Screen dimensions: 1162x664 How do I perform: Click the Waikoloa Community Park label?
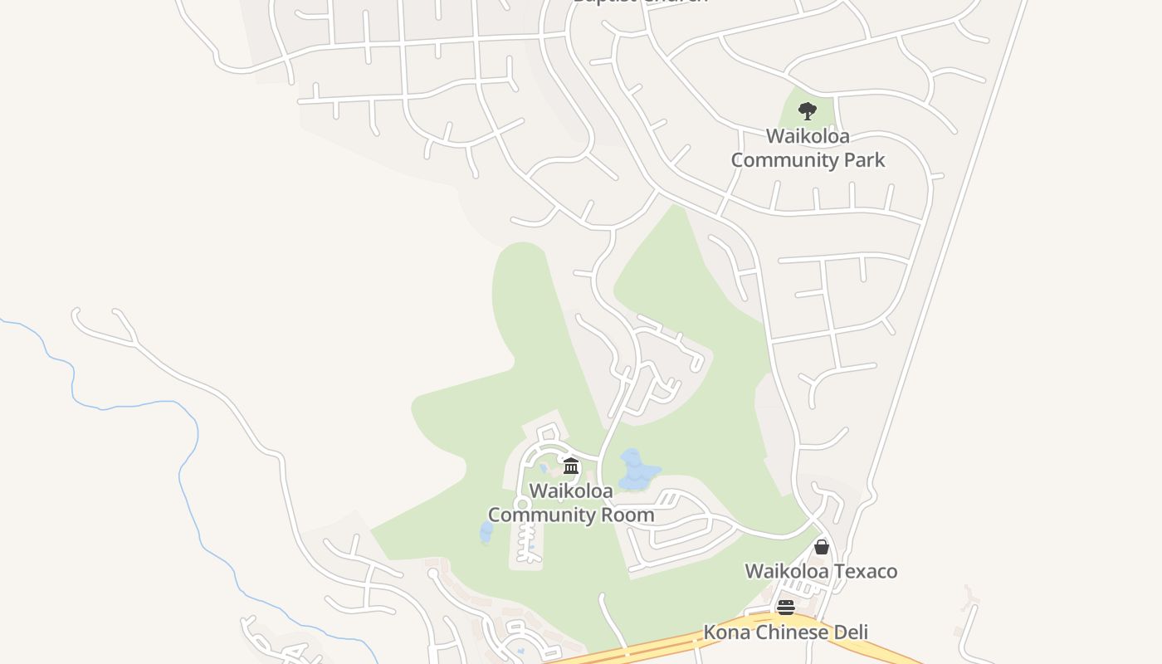pyautogui.click(x=808, y=148)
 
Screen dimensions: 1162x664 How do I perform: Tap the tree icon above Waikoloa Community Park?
pyautogui.click(x=807, y=110)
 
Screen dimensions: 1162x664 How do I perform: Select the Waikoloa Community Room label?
pyautogui.click(x=571, y=502)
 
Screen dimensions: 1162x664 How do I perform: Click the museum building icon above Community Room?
pyautogui.click(x=571, y=466)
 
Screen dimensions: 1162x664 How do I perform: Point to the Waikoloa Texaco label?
pyautogui.click(x=821, y=571)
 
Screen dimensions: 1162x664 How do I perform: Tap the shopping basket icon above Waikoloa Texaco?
pyautogui.click(x=821, y=547)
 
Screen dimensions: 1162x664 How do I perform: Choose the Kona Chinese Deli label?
pyautogui.click(x=785, y=632)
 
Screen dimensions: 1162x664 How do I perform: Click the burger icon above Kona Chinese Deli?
pyautogui.click(x=786, y=608)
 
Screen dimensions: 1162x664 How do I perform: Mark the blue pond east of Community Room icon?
pyautogui.click(x=636, y=470)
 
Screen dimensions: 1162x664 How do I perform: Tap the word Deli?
pyautogui.click(x=848, y=632)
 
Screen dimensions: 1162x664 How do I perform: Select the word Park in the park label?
pyautogui.click(x=862, y=160)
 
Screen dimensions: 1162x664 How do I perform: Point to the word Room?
pyautogui.click(x=629, y=515)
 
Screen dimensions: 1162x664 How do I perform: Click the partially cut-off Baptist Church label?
pyautogui.click(x=640, y=2)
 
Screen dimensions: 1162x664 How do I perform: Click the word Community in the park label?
pyautogui.click(x=776, y=160)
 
